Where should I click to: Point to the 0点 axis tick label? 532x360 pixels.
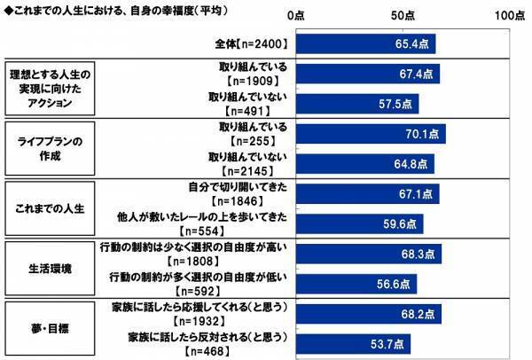pos(296,17)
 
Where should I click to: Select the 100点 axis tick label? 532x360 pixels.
pos(507,17)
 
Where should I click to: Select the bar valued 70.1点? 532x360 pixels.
pos(372,134)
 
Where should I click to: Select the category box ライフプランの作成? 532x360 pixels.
pos(50,149)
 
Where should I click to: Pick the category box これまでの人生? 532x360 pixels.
pos(50,210)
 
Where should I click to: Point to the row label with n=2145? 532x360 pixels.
pos(254,164)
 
